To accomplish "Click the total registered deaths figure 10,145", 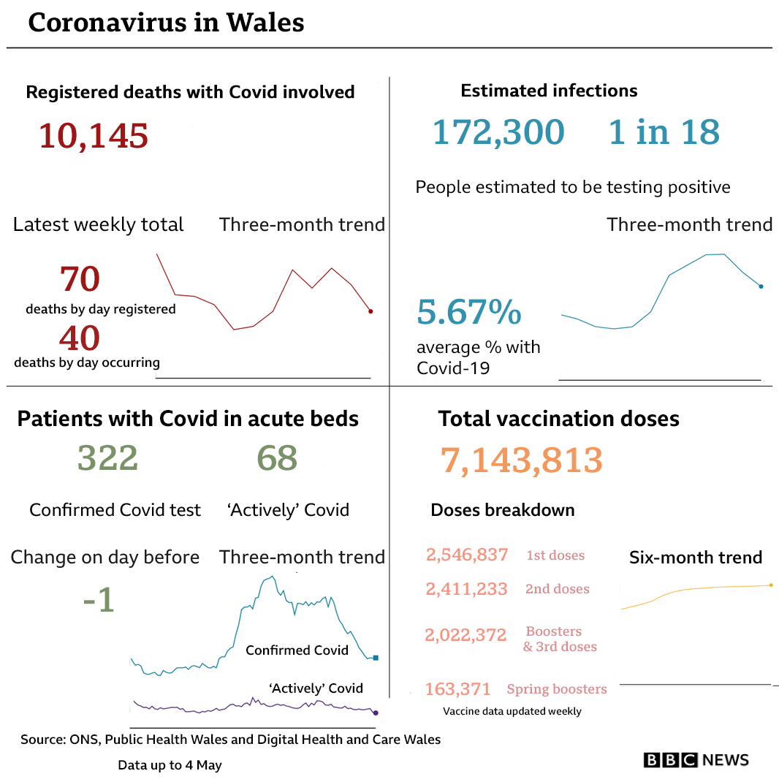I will tap(93, 136).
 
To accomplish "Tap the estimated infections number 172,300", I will tap(498, 132).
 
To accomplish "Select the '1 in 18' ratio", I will tap(664, 132).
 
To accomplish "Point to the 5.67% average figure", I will tap(468, 313).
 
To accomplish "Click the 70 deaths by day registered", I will tap(80, 278).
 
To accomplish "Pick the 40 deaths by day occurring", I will tap(79, 338).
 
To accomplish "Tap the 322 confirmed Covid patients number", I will tap(107, 459).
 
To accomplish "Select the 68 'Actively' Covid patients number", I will tap(277, 459).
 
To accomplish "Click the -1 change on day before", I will tap(99, 601).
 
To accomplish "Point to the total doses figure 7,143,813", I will tap(521, 460).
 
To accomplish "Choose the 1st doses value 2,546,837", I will tap(467, 555).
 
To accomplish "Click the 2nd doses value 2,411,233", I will tap(466, 589).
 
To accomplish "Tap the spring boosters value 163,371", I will tap(457, 688).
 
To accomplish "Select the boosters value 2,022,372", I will tap(465, 635).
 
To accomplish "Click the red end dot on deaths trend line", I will tap(370, 311).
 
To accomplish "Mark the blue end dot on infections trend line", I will tap(761, 286).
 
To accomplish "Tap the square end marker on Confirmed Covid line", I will tap(376, 658).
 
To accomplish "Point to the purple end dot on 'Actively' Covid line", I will tap(376, 712).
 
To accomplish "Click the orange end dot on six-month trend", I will tap(770, 585).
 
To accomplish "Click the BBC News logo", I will tap(696, 760).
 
